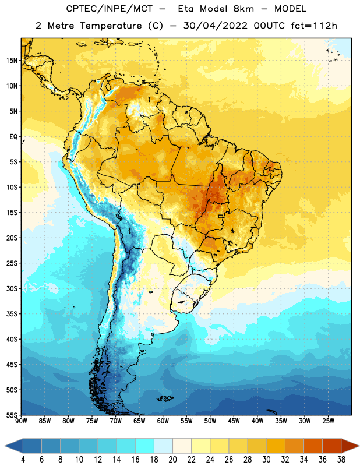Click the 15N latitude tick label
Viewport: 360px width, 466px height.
pos(12,61)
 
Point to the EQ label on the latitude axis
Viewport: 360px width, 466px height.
pos(13,137)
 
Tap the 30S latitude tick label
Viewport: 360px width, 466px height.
pos(12,288)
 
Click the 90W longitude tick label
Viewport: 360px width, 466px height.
pos(21,421)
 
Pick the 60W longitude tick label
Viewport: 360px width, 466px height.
pos(163,421)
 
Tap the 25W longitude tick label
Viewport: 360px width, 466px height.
pos(328,421)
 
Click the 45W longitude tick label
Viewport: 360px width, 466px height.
pos(234,421)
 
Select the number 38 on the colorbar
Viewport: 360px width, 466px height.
pos(341,460)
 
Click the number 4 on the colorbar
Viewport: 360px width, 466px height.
pos(23,460)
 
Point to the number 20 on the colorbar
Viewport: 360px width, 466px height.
pos(172,460)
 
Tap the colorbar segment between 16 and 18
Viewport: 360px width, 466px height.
pos(144,446)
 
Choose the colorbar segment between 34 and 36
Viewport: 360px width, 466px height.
pos(313,446)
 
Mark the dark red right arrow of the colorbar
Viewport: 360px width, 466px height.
pos(350,446)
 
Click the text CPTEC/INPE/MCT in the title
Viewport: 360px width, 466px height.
pos(109,9)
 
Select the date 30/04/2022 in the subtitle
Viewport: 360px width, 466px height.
pos(215,26)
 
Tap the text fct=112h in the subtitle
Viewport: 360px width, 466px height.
pos(314,26)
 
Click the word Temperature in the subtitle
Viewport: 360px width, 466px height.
pos(111,26)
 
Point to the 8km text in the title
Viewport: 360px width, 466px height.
pos(243,9)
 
